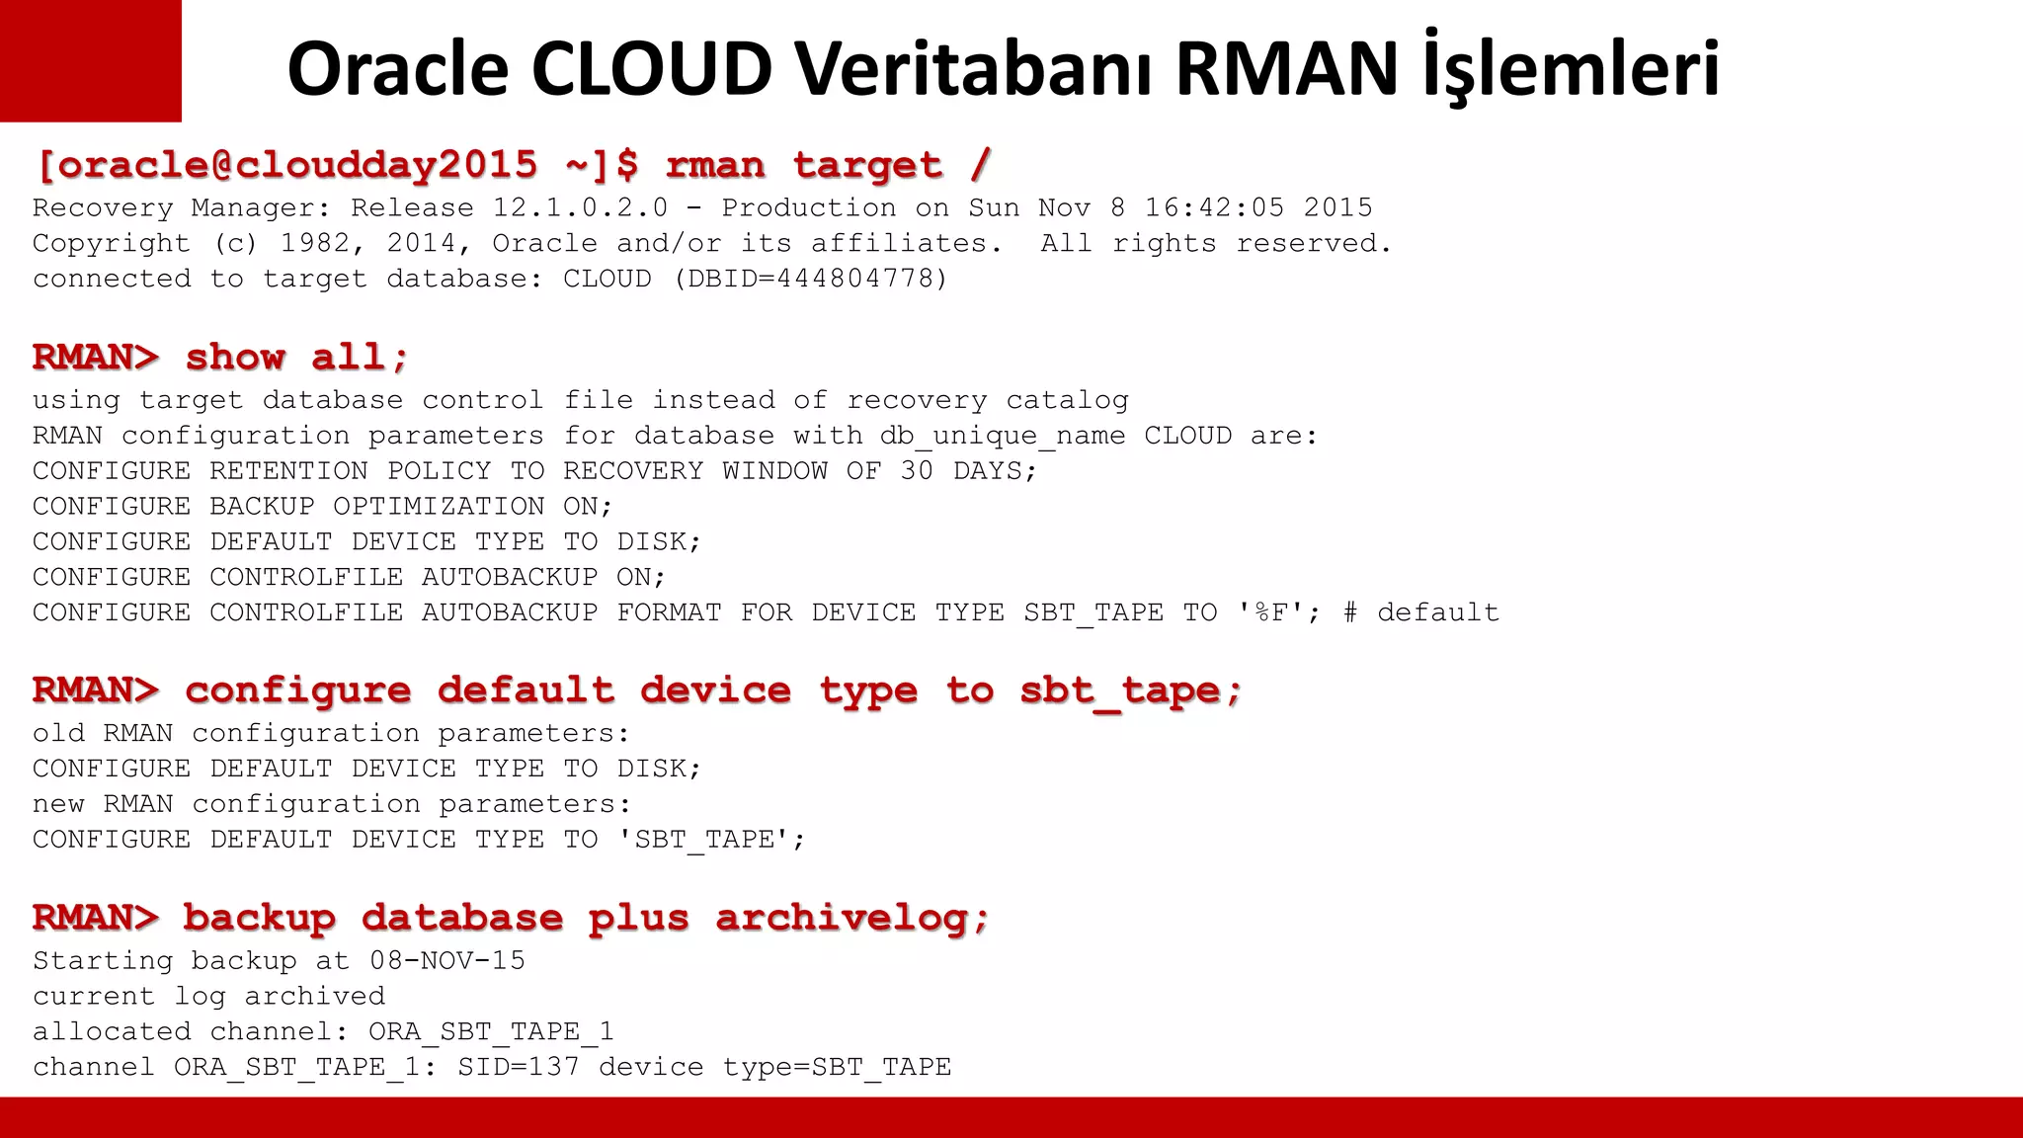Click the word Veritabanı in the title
pyautogui.click(x=973, y=69)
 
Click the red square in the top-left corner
pyautogui.click(x=90, y=60)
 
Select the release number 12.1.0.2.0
pyautogui.click(x=580, y=208)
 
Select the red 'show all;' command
pyautogui.click(x=296, y=357)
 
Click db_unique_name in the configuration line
pyautogui.click(x=1003, y=437)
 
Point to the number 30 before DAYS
pyautogui.click(x=916, y=471)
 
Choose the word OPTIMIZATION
pyautogui.click(x=439, y=507)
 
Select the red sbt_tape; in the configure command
pyautogui.click(x=1130, y=691)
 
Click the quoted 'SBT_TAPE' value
pyautogui.click(x=711, y=840)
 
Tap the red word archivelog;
pyautogui.click(x=852, y=918)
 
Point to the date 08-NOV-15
pyautogui.click(x=447, y=961)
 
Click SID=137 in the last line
pyautogui.click(x=518, y=1068)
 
